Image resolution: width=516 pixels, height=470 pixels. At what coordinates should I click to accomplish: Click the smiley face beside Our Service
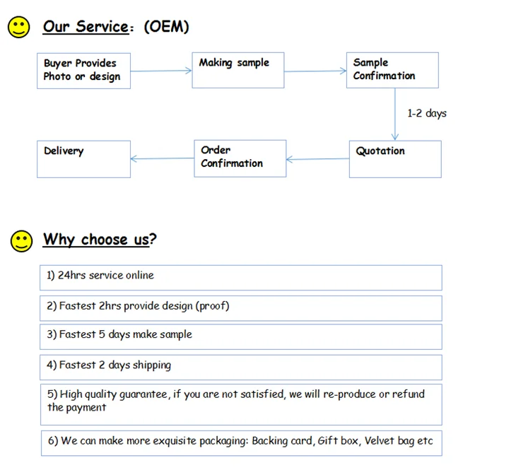pyautogui.click(x=19, y=27)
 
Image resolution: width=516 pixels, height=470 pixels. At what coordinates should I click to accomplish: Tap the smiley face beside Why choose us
pyautogui.click(x=21, y=241)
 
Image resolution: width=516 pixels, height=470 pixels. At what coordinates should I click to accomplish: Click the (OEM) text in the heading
pyautogui.click(x=167, y=26)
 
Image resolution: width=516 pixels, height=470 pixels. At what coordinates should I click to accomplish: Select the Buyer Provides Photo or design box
pyautogui.click(x=83, y=71)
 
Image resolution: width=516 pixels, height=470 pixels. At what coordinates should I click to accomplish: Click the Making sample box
pyautogui.click(x=238, y=70)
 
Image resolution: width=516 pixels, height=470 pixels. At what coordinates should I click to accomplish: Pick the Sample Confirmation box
pyautogui.click(x=392, y=70)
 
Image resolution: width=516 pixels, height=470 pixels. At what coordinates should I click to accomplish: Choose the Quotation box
pyautogui.click(x=395, y=159)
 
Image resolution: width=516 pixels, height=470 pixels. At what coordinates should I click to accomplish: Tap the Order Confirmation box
pyautogui.click(x=240, y=158)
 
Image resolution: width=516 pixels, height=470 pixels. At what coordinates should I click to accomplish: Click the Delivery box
pyautogui.click(x=83, y=159)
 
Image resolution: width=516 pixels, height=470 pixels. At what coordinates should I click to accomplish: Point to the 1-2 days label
pyautogui.click(x=427, y=113)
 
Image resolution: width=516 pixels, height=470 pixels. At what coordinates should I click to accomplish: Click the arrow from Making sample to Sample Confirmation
pyautogui.click(x=315, y=71)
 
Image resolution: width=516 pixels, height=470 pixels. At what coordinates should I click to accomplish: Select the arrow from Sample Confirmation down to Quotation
pyautogui.click(x=395, y=114)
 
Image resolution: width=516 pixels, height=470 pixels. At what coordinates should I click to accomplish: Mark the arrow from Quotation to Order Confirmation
pyautogui.click(x=317, y=159)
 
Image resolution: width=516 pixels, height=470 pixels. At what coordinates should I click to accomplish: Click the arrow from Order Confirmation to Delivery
pyautogui.click(x=163, y=158)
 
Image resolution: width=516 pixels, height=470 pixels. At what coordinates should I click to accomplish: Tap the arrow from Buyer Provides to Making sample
pyautogui.click(x=161, y=71)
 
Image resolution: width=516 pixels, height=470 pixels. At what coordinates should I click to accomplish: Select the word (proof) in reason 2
pyautogui.click(x=212, y=306)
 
